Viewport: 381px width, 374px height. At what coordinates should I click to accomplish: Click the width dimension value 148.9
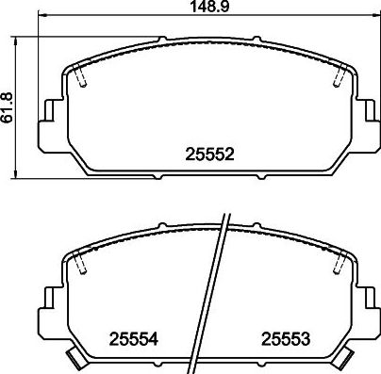[209, 7]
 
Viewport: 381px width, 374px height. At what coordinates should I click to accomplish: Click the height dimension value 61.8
[7, 107]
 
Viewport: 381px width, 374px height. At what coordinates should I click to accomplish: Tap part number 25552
[210, 154]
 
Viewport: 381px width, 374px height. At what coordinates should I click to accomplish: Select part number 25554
[133, 339]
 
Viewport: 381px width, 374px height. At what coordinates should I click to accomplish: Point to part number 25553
[286, 339]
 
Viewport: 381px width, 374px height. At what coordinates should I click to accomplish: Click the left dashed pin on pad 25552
[80, 76]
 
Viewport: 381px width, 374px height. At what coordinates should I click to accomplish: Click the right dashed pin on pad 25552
[339, 76]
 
